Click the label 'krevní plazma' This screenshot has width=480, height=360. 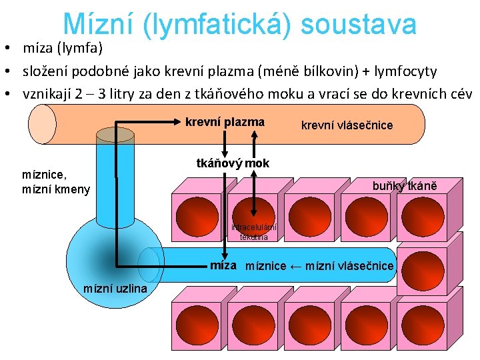pos(225,122)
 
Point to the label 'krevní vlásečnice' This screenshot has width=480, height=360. pos(347,125)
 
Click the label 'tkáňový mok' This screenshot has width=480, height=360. pos(233,163)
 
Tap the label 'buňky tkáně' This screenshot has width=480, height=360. pos(405,186)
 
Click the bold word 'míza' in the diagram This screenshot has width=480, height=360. pos(223,265)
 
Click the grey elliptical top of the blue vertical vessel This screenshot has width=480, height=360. pos(115,135)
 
